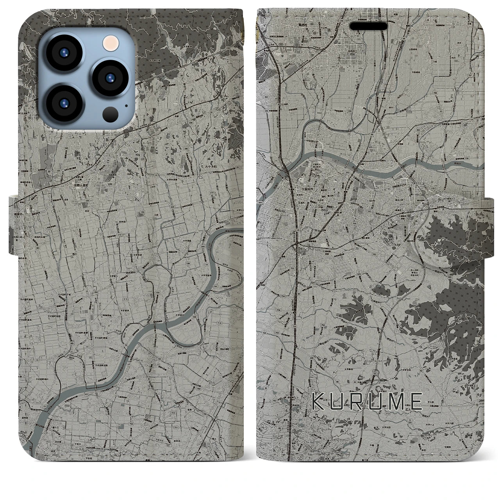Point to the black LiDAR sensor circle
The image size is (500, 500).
(x=109, y=114)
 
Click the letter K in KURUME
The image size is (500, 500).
(x=318, y=402)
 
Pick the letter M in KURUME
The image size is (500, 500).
(x=395, y=402)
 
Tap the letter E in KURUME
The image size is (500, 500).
(x=416, y=402)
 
